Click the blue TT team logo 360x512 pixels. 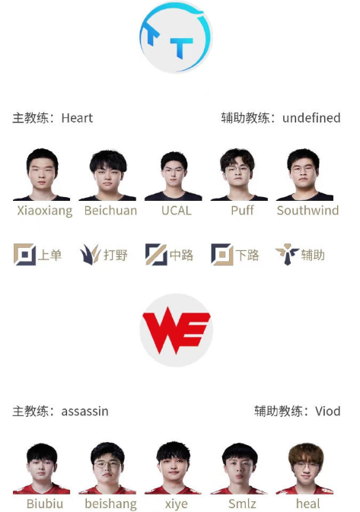pos(176,37)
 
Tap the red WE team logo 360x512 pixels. pos(176,330)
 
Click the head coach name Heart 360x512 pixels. pos(77,118)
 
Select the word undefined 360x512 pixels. pos(311,118)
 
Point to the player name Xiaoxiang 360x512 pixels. pos(45,211)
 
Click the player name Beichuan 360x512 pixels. pos(110,211)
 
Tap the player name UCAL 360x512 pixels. pos(177,211)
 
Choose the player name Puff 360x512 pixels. pos(242,211)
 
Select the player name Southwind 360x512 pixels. pos(307,211)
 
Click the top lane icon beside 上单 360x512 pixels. pos(24,254)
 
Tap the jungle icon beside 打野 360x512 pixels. pos(90,254)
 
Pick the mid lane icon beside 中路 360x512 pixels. pos(156,254)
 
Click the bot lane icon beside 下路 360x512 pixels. pos(222,254)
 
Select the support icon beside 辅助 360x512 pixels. pos(287,254)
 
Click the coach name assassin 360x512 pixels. pos(85,412)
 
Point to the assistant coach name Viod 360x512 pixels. pos(328,411)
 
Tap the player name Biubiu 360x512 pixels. pos(45,504)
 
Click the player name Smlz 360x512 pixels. pos(242,504)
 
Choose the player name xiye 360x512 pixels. pos(177,504)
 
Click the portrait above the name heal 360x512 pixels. pos(305,469)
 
